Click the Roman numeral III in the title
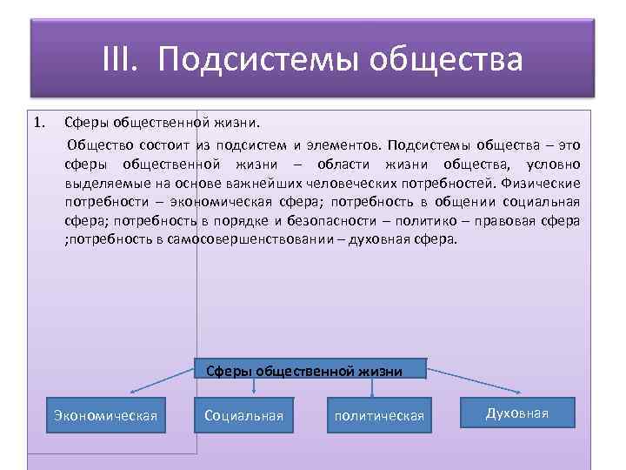click(121, 60)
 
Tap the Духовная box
click(517, 413)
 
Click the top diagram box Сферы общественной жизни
click(304, 371)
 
